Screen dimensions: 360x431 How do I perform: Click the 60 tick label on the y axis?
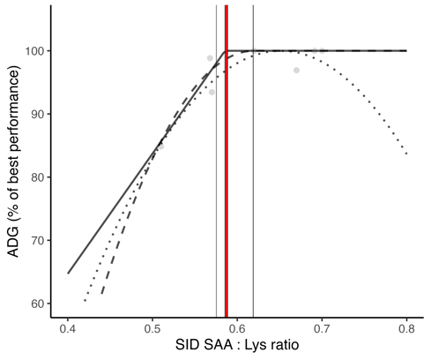pos(37,304)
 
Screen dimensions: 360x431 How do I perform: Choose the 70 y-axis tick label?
pos(37,240)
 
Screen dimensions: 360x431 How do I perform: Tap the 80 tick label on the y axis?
pos(37,177)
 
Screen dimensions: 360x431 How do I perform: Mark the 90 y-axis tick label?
pos(37,114)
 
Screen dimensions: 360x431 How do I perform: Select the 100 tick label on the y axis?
pos(33,51)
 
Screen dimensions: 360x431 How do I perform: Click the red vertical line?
pos(227,176)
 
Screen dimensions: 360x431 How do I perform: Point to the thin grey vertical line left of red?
pos(216,176)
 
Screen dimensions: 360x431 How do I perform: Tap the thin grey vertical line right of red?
pos(253,176)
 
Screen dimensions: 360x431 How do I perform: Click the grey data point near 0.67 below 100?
pos(296,70)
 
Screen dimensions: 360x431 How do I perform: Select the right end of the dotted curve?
pos(405,154)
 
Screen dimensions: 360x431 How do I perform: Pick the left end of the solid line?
pos(68,273)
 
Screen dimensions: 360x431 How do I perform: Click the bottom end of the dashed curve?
pos(101,294)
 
